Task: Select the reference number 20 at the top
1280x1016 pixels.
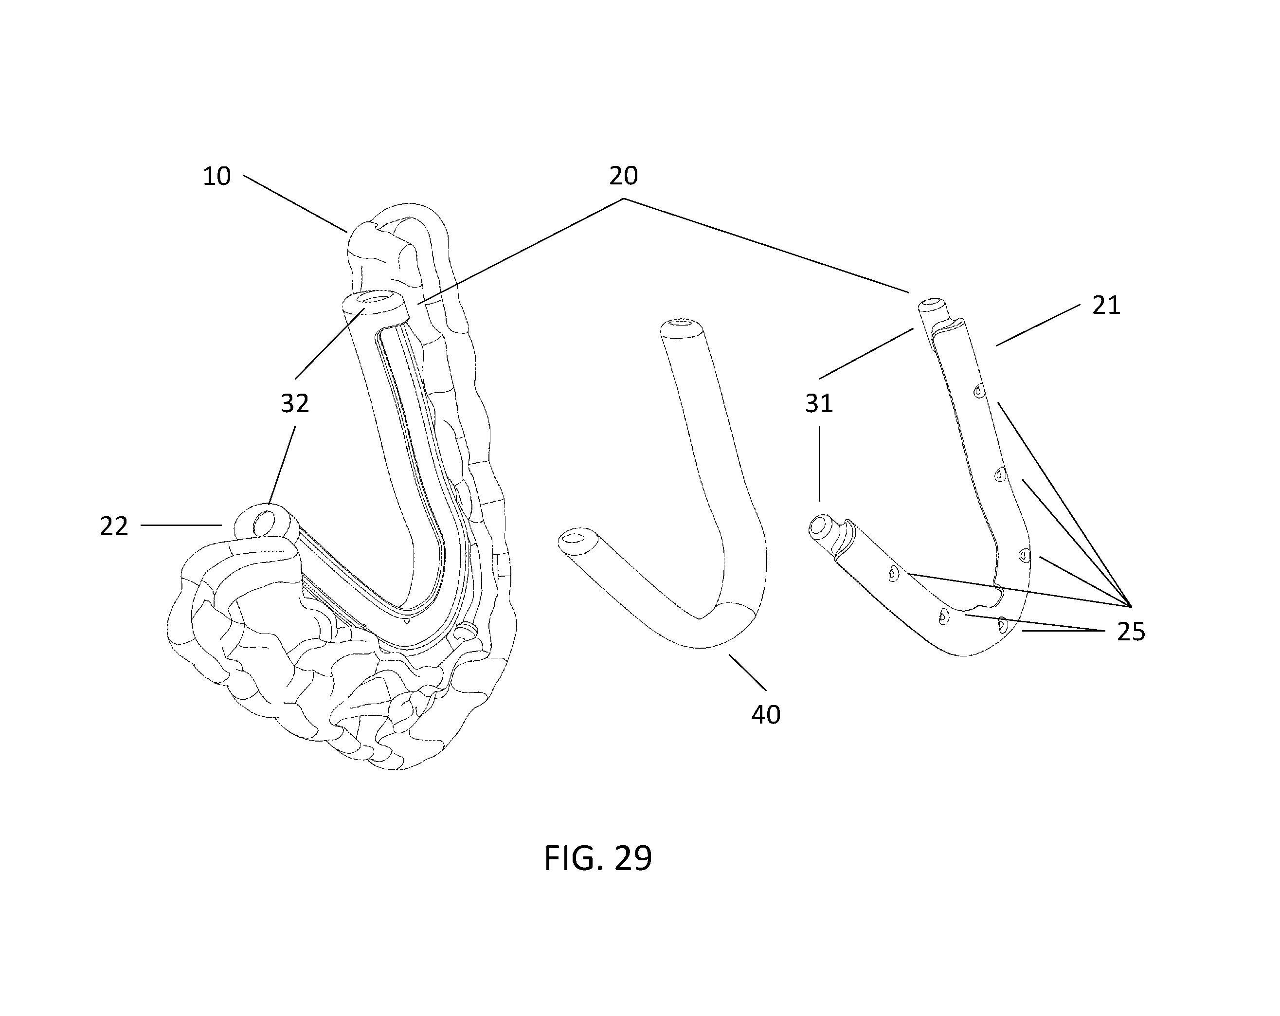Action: click(623, 176)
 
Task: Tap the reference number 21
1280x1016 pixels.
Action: click(1106, 306)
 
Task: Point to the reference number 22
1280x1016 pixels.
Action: click(114, 526)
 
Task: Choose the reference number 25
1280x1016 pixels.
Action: click(1131, 632)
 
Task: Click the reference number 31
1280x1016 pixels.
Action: click(819, 404)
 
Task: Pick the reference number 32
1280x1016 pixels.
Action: click(295, 404)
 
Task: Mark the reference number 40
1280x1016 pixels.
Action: click(766, 714)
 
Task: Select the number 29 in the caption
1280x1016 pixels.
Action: click(633, 858)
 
